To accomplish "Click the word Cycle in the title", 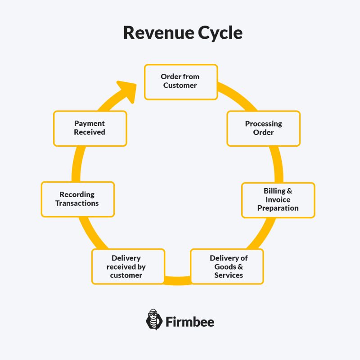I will click(x=220, y=33).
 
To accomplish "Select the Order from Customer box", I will click(x=180, y=81).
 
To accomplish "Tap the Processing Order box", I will click(x=263, y=128).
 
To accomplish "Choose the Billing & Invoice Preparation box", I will click(x=278, y=200).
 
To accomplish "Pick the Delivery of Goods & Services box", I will click(x=227, y=266).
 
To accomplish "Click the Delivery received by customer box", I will click(x=128, y=266).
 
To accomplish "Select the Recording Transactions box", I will click(x=77, y=199).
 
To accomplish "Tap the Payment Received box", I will click(x=90, y=128).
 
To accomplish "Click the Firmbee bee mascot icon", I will click(x=154, y=320).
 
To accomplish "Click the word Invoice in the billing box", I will click(x=278, y=199).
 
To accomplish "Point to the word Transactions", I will click(x=77, y=203).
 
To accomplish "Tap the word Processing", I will click(x=263, y=124).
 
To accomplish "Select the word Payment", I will click(x=90, y=124).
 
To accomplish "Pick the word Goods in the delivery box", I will click(x=223, y=266).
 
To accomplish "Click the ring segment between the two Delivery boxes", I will click(x=178, y=281).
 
